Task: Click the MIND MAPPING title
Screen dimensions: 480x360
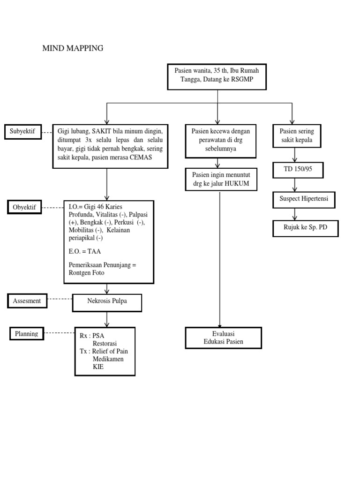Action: [73, 48]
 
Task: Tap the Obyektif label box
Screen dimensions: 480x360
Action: [25, 206]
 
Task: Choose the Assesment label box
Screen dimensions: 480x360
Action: [27, 301]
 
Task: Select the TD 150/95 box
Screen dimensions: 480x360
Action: [298, 169]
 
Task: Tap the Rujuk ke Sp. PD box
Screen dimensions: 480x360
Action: [305, 228]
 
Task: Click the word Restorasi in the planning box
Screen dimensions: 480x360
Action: [106, 343]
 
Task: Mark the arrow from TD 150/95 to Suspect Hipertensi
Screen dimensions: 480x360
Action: [294, 185]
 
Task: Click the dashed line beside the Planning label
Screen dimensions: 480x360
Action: [59, 333]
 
